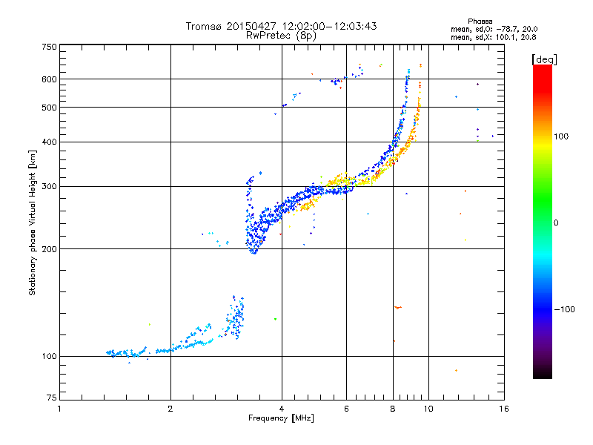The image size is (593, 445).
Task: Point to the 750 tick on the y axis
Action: (49, 47)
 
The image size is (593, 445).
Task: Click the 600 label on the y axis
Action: (49, 79)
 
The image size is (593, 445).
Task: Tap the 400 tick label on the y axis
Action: (49, 142)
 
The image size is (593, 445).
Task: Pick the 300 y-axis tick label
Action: (49, 186)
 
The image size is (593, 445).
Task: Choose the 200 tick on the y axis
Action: (49, 248)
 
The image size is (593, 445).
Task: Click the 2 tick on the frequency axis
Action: (170, 409)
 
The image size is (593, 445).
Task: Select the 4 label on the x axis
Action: (282, 409)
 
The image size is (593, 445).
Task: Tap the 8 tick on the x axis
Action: (393, 409)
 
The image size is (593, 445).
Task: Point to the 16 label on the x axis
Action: (503, 409)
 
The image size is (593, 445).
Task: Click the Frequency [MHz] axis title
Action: (282, 419)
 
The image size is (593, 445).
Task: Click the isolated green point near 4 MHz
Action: (275, 319)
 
